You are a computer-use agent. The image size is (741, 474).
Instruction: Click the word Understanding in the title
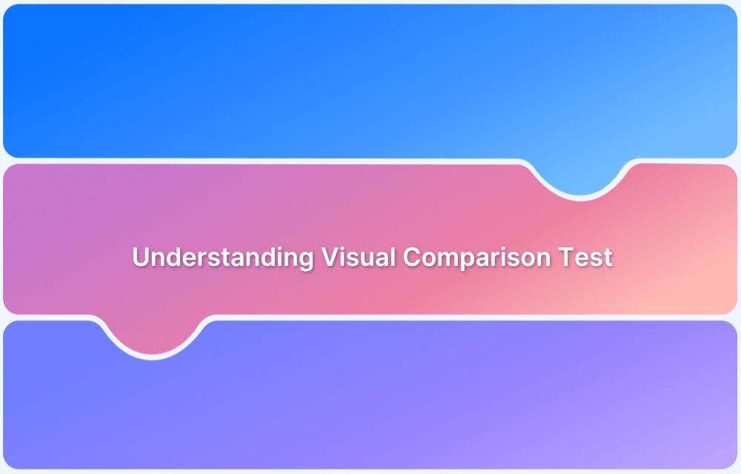coord(223,258)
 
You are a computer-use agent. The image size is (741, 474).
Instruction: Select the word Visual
coord(358,258)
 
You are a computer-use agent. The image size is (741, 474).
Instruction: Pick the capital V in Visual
coord(330,258)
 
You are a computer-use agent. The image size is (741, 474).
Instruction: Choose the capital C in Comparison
coord(412,258)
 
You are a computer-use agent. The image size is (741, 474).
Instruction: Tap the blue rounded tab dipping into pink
coord(580,178)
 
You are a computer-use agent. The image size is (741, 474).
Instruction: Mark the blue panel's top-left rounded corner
coord(10,12)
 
